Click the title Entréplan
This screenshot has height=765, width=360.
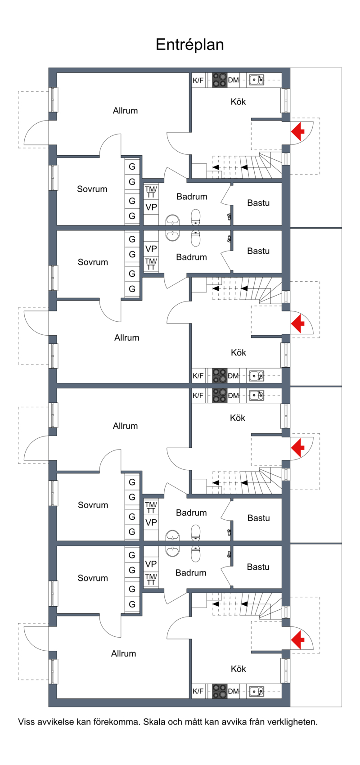(189, 45)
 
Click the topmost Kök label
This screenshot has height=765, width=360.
(238, 102)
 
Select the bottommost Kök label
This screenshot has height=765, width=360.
(238, 669)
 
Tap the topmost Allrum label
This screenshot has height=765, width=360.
(125, 111)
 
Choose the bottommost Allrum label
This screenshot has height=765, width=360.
(123, 653)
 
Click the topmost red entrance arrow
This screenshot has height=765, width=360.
(297, 132)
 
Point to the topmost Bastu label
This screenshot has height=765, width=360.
(258, 203)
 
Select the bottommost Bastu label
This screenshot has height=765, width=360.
(258, 567)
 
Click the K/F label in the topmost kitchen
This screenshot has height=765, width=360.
(198, 81)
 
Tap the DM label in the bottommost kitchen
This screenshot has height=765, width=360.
(233, 691)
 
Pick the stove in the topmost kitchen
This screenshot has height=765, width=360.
(220, 80)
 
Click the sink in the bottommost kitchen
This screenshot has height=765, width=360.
(256, 691)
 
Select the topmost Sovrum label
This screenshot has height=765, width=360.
(92, 189)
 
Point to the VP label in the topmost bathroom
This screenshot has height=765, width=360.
(151, 207)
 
